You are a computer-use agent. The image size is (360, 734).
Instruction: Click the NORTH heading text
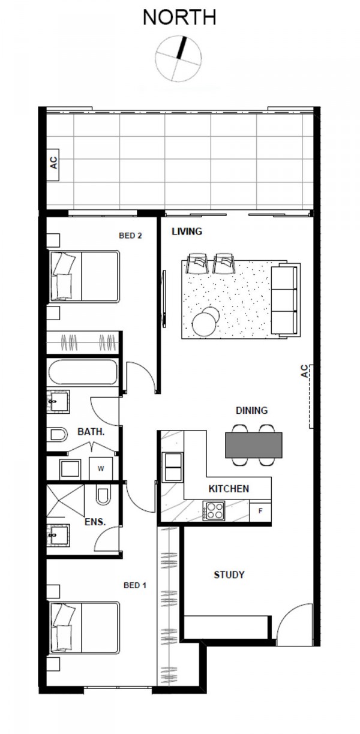pos(179,17)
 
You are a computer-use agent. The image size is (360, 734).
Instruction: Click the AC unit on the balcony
pos(53,164)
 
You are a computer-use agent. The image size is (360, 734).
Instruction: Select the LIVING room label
pos(187,231)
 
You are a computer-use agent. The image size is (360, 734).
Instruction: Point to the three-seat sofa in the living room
pos(284,299)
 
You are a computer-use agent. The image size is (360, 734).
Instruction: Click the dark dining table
pos(253,445)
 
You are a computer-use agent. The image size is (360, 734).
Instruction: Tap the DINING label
pos(252,410)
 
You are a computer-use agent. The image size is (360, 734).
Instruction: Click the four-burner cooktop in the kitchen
pos(214,510)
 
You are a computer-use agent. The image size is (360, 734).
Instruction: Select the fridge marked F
pos(260,511)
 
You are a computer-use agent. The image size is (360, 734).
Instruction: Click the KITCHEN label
pos(229,489)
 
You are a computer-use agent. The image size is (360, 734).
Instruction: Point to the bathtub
pos(83,372)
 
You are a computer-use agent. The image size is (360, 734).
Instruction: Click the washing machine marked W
pos(101,468)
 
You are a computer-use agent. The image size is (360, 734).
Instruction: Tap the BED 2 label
pos(130,235)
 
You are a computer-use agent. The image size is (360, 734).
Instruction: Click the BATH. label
pos(91,432)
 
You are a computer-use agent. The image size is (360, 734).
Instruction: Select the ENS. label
pos(95,522)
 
